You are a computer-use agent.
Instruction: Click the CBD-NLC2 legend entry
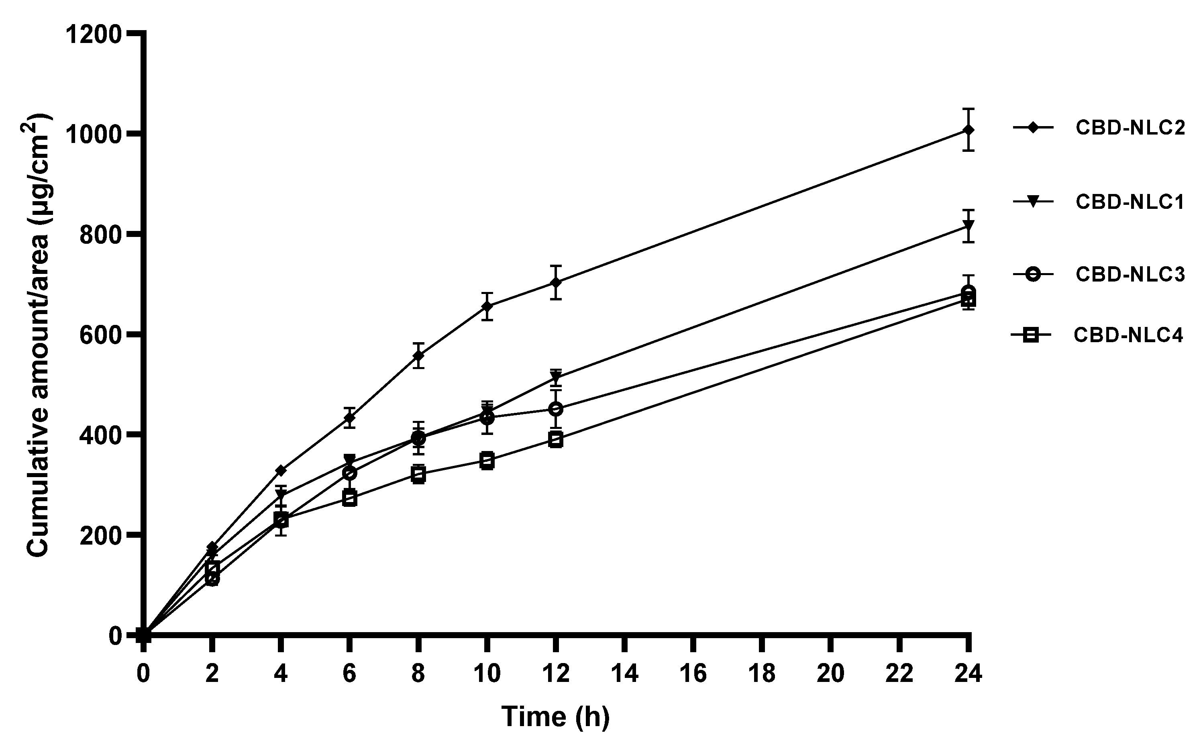click(1130, 128)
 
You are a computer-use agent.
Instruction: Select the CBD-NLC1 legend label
click(1130, 202)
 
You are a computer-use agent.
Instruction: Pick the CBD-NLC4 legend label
click(1128, 335)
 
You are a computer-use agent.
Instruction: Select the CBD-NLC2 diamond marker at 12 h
click(556, 282)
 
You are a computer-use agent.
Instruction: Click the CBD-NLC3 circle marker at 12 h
click(556, 409)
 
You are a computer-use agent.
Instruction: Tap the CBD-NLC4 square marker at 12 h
click(556, 439)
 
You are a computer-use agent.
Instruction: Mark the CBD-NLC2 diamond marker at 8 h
click(418, 356)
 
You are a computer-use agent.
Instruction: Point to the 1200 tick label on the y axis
click(94, 35)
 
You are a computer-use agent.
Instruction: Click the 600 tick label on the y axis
click(100, 335)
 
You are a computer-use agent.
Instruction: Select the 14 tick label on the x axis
click(624, 674)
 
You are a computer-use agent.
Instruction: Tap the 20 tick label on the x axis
click(830, 674)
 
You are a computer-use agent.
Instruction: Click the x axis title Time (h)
click(555, 717)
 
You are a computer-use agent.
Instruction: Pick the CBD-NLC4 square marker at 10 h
click(487, 460)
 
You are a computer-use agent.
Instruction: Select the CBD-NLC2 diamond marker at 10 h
click(487, 306)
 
